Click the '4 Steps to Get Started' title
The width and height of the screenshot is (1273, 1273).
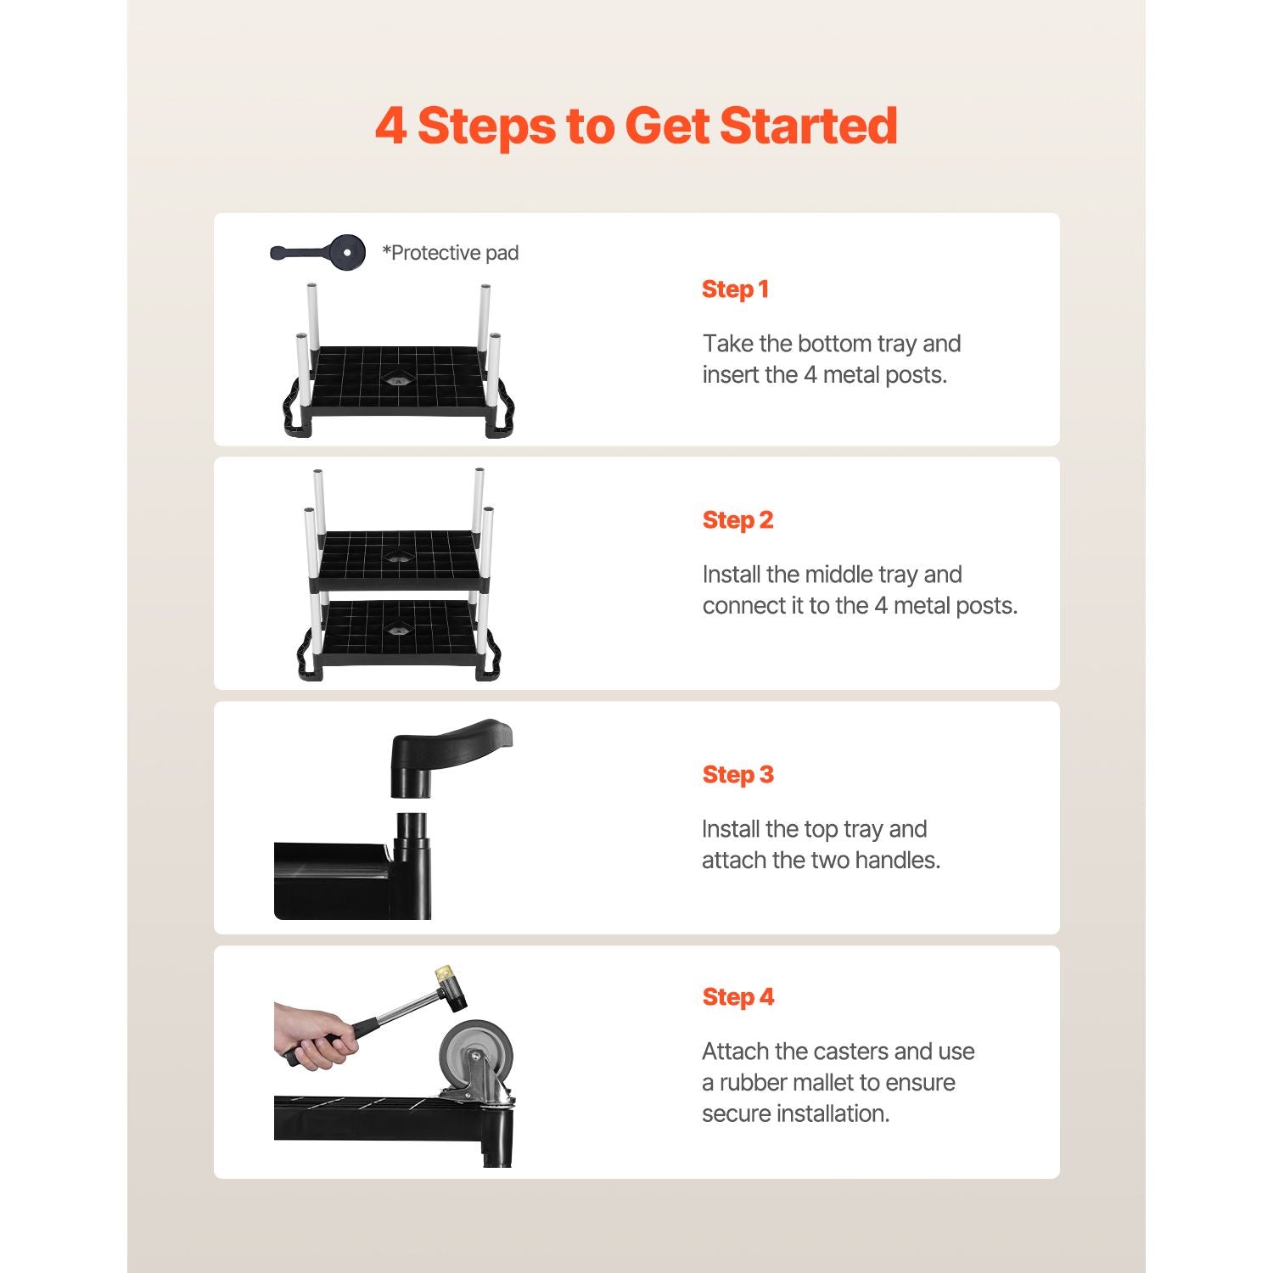(x=636, y=126)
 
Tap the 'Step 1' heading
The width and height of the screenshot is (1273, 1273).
(x=735, y=290)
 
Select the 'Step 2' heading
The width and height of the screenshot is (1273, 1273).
(x=737, y=521)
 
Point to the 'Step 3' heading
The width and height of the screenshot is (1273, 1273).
(x=737, y=776)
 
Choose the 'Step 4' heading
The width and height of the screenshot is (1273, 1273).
(x=737, y=998)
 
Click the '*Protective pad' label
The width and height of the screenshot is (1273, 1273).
(x=451, y=253)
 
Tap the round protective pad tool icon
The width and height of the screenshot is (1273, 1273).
(x=347, y=252)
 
